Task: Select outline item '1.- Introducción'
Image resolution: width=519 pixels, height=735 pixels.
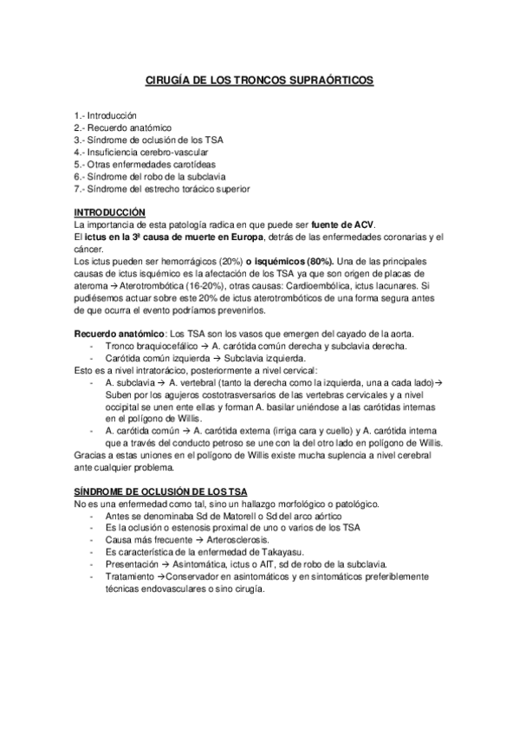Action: click(x=106, y=114)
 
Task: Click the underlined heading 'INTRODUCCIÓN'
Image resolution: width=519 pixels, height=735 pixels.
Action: click(x=110, y=213)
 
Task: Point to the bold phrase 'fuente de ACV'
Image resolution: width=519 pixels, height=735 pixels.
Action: click(x=344, y=225)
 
